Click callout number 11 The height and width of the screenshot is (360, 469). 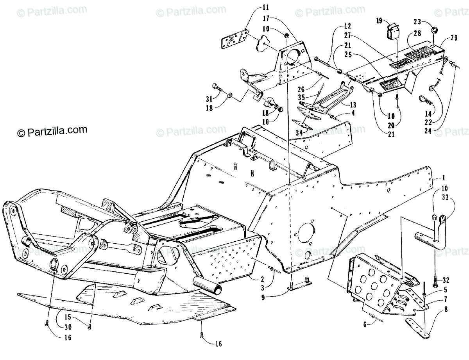click(254, 7)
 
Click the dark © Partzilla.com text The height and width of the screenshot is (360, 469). click(52, 131)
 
